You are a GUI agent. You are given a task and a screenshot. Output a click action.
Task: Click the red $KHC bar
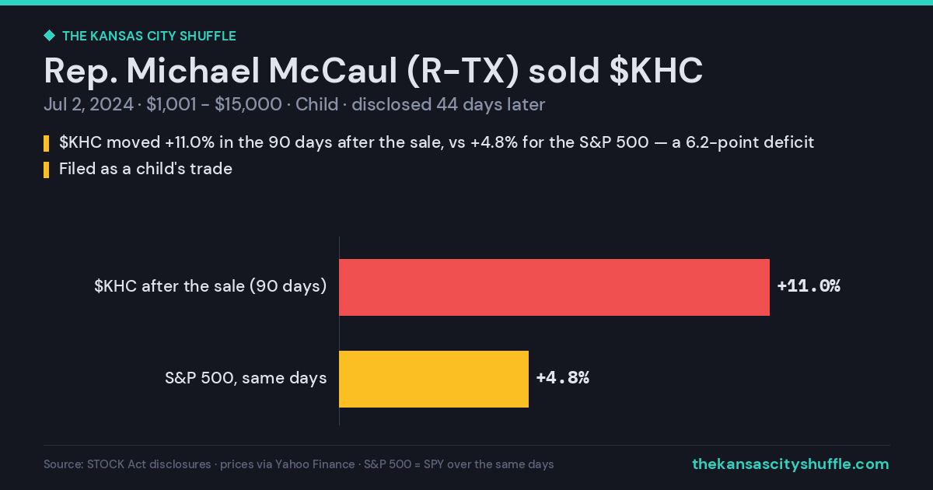pos(554,287)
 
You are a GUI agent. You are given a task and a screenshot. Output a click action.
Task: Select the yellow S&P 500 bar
pos(434,379)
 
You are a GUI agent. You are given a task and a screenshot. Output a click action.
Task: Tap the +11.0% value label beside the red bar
pos(809,286)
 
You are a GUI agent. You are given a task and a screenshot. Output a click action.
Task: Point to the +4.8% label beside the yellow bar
pos(563,378)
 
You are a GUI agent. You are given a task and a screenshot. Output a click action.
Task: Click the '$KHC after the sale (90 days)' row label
pos(211,286)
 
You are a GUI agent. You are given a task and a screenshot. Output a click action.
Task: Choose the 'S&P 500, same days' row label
pos(246,378)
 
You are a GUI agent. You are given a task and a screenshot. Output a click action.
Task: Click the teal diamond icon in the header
pos(50,36)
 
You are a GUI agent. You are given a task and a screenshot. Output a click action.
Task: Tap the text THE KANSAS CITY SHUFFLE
pos(149,37)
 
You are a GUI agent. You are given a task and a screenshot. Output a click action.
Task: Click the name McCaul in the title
pos(333,71)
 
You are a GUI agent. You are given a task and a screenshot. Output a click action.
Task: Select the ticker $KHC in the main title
pos(656,71)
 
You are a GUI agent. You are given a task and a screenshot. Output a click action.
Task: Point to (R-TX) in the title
pos(463,72)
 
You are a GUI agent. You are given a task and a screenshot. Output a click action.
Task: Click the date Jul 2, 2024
pos(89,104)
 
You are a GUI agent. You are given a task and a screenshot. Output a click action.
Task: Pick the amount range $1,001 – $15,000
pos(214,104)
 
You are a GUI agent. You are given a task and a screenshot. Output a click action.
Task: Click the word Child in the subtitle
pos(316,104)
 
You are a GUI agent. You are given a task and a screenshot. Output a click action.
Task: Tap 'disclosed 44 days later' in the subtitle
pos(448,104)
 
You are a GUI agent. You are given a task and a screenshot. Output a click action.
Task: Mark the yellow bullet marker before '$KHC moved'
pos(46,143)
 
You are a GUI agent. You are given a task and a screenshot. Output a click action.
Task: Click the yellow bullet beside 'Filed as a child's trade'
pos(46,170)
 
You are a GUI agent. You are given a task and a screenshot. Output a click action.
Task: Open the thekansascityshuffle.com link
pos(791,464)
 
